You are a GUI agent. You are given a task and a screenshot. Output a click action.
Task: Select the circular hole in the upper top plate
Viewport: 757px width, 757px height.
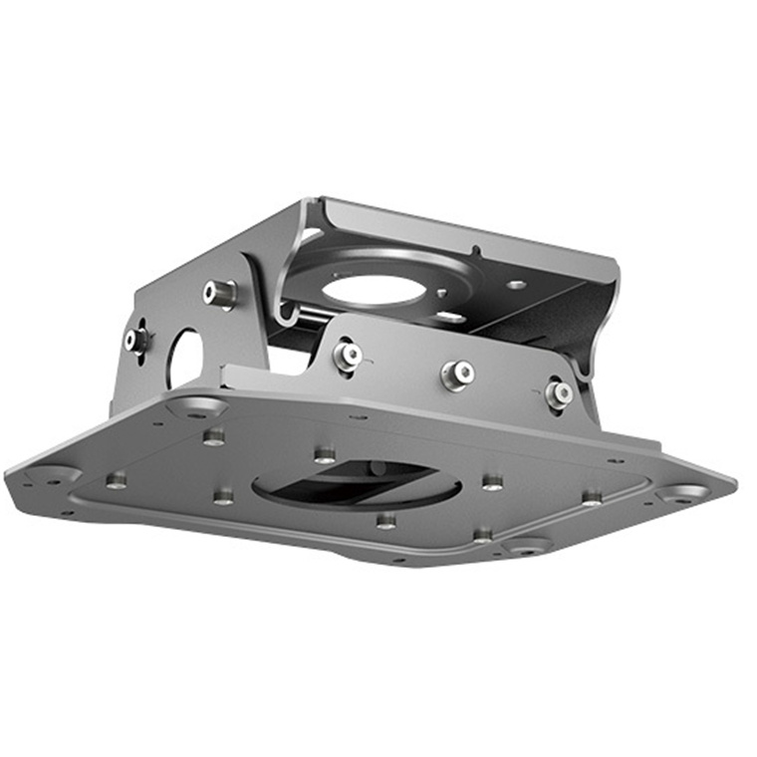click(x=374, y=290)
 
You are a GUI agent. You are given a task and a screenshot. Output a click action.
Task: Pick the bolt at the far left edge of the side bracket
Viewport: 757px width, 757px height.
click(x=134, y=340)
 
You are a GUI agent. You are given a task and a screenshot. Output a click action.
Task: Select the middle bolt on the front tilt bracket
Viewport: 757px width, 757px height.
click(x=457, y=374)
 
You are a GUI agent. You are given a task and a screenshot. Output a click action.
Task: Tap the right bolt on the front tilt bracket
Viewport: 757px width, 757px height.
click(x=559, y=392)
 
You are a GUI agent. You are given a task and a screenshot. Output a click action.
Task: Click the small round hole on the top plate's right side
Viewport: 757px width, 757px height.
click(x=516, y=285)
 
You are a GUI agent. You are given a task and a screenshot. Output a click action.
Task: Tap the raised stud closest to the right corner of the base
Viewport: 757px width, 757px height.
click(x=593, y=496)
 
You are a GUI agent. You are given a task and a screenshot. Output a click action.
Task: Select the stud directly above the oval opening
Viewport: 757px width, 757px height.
click(x=325, y=455)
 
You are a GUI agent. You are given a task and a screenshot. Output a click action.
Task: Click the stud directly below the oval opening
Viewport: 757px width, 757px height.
click(x=385, y=520)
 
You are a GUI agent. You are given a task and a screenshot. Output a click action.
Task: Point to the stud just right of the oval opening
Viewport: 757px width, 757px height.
click(x=492, y=482)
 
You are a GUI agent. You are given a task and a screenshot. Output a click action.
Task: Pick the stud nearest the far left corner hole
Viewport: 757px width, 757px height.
click(x=117, y=480)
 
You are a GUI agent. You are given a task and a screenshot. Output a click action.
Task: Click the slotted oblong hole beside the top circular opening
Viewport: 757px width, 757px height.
click(x=450, y=317)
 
